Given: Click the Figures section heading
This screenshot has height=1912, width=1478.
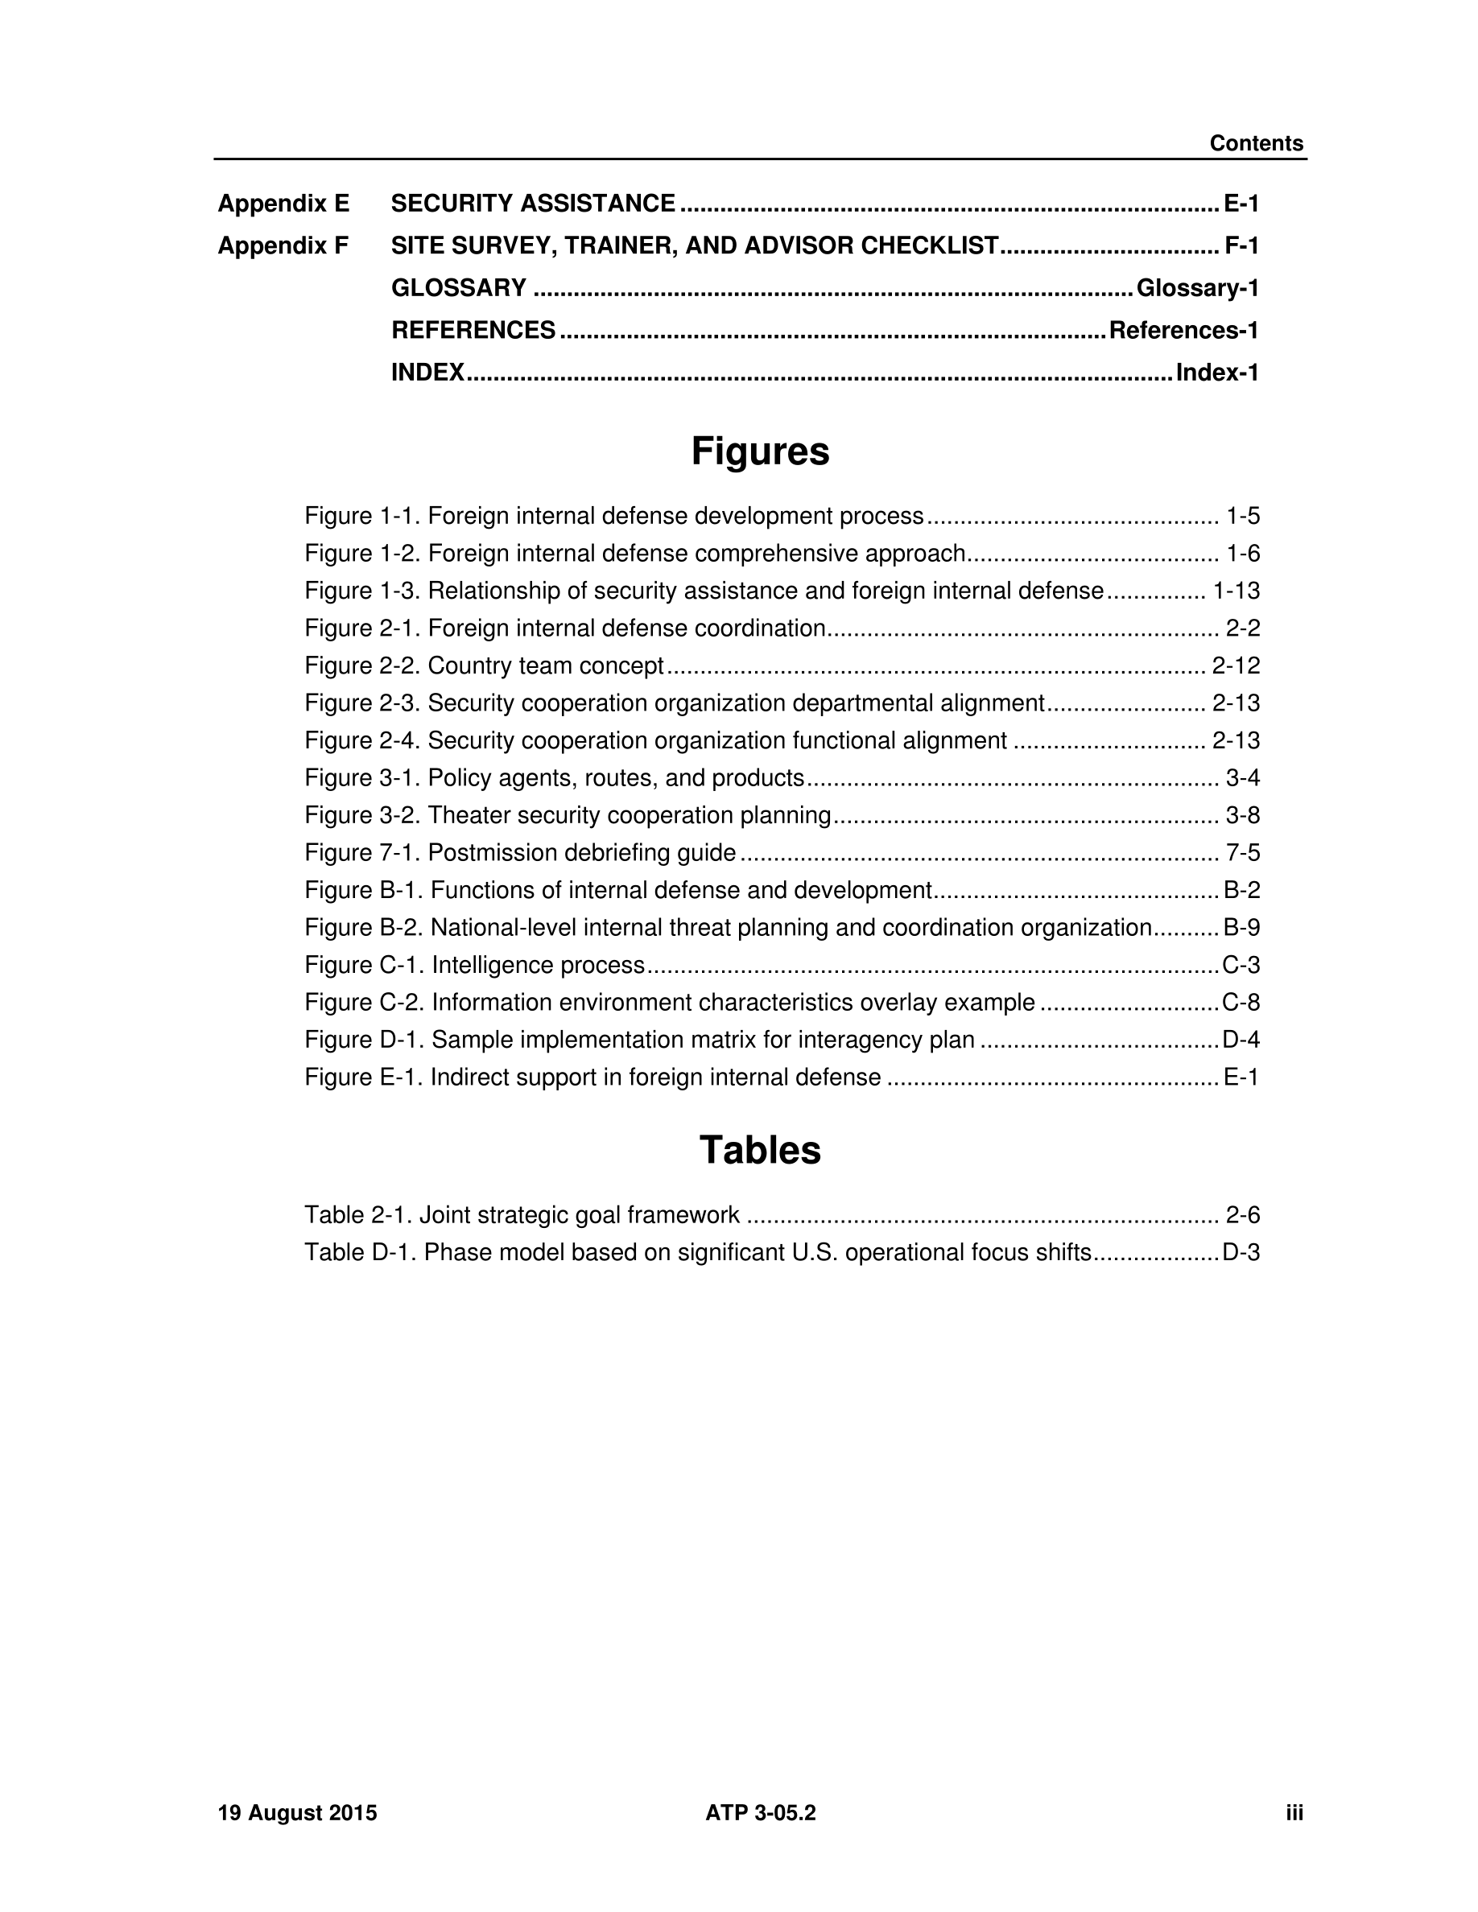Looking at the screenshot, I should point(760,451).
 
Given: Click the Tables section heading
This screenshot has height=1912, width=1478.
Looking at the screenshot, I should point(760,1151).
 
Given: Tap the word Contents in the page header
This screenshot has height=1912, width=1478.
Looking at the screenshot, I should point(1256,143).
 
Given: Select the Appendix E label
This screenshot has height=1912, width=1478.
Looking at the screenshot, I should point(283,204).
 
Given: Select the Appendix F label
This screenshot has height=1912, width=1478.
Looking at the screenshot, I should point(283,246).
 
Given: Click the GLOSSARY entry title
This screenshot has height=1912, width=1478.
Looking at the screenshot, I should point(459,288).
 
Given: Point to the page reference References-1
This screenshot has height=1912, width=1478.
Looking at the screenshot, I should point(1184,330).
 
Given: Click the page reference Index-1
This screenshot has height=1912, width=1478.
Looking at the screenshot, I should point(1217,373).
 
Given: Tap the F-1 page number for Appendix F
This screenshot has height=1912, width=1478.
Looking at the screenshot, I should point(1241,246).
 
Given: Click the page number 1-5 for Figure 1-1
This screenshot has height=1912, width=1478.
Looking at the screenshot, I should point(1242,516).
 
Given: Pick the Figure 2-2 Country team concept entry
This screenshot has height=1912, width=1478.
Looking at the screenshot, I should point(484,666).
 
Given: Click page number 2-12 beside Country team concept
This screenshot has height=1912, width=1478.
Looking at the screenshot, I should point(1236,666).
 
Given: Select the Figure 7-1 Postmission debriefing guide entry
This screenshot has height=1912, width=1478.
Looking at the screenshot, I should point(520,853).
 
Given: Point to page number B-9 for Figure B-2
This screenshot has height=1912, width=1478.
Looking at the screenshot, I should point(1241,928).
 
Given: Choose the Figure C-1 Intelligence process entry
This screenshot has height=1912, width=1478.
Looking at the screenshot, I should point(475,965).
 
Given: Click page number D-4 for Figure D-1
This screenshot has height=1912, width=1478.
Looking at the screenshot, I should point(1241,1040).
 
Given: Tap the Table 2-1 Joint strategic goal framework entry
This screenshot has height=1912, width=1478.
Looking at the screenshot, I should point(522,1215).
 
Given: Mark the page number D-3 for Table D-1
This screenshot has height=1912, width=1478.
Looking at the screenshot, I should point(1241,1253).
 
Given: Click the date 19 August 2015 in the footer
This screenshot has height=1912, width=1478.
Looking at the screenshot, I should point(297,1813).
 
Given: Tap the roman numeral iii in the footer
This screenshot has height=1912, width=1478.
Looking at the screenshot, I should point(1294,1813).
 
